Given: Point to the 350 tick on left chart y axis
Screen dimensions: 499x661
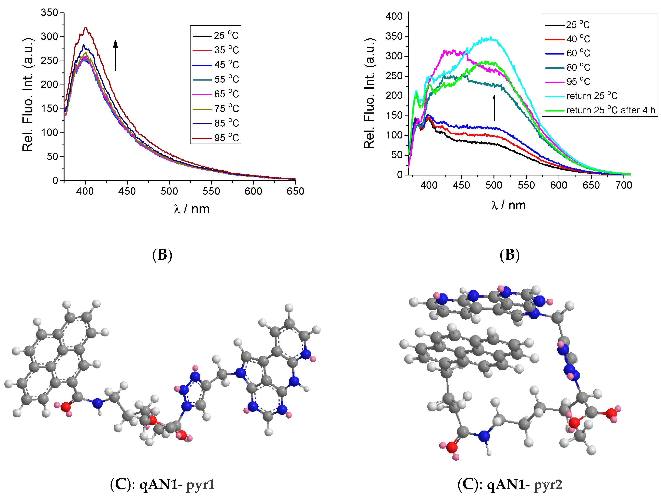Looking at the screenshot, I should (50, 13).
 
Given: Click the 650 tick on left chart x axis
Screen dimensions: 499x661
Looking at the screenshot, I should (295, 191).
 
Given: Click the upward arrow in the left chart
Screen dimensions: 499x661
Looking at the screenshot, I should (115, 56).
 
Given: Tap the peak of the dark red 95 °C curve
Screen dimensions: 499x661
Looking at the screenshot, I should (86, 28).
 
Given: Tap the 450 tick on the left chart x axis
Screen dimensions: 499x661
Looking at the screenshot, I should (127, 191).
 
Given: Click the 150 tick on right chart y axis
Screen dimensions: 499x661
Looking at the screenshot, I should (394, 115).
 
